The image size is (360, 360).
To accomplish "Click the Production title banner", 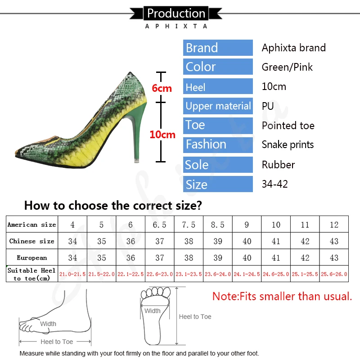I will (x=176, y=13).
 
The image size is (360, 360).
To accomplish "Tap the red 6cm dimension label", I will (x=162, y=88).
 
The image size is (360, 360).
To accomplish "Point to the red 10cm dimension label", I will (x=162, y=135).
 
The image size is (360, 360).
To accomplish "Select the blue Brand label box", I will (x=218, y=48).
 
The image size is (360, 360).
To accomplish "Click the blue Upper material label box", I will (x=218, y=106).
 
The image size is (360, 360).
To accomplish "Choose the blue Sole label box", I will (x=218, y=165).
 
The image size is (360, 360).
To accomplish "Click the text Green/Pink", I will (x=287, y=67).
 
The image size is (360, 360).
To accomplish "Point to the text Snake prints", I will (x=288, y=145).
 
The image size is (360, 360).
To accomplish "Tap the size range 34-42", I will (x=274, y=184).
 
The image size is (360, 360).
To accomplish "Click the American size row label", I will (x=31, y=225).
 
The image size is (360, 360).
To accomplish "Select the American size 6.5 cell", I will (x=160, y=225).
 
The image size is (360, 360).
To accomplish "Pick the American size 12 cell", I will (x=334, y=225).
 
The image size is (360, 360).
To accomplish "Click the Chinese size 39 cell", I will (x=218, y=241).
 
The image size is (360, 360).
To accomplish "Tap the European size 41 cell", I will (x=276, y=258).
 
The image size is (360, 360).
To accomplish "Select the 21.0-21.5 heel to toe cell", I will (x=72, y=274).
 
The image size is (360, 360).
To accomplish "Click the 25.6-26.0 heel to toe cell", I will (x=334, y=274).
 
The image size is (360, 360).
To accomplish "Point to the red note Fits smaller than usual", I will (x=282, y=297).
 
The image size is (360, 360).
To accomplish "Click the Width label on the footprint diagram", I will (x=153, y=310).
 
